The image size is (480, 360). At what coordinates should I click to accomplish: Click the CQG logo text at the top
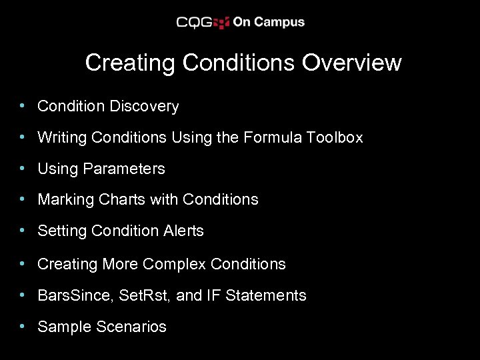[194, 22]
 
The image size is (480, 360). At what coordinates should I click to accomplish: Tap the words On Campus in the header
[268, 22]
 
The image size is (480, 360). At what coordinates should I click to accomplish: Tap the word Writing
[62, 138]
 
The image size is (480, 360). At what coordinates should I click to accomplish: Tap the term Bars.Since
[75, 295]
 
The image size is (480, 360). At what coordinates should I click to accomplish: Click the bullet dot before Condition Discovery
[23, 106]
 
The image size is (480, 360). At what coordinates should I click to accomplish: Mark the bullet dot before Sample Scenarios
[23, 327]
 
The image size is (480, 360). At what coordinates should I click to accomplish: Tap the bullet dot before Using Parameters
[23, 169]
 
